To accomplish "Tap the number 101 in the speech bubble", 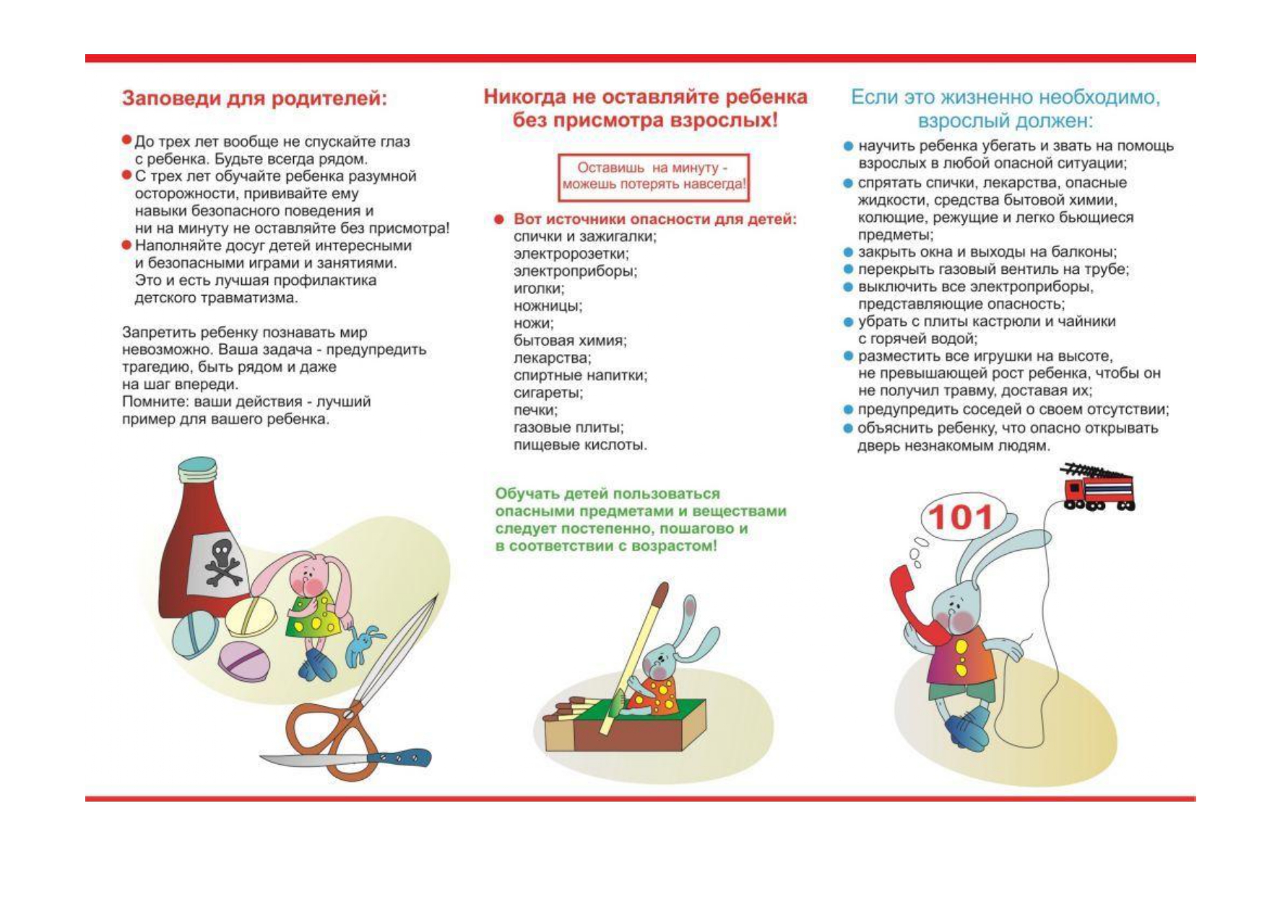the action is tap(961, 518).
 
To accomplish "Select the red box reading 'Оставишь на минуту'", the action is tap(654, 176).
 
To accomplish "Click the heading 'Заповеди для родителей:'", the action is tap(254, 98).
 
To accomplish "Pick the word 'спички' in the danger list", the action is tap(537, 237).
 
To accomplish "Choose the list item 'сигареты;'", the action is tap(548, 393).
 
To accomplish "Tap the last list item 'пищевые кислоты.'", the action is tap(580, 445).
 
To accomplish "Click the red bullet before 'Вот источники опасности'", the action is tap(498, 219).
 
